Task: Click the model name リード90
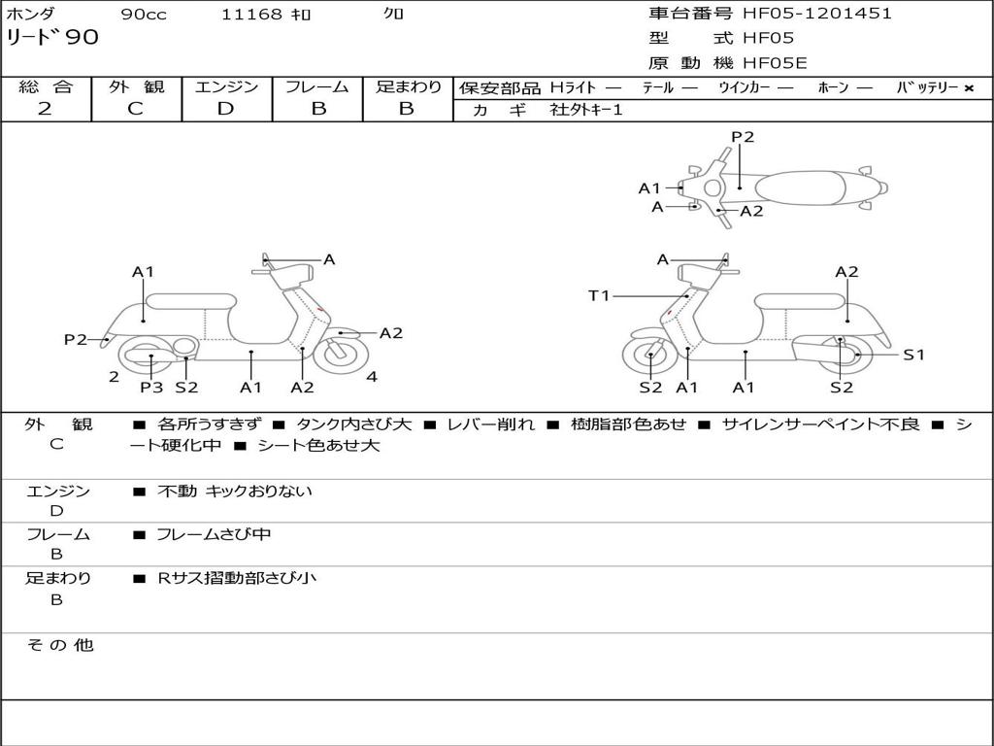click(52, 38)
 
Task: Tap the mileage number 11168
click(251, 14)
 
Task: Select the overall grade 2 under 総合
click(45, 109)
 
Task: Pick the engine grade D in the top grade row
click(225, 109)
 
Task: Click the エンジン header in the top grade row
click(226, 86)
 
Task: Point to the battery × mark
click(969, 88)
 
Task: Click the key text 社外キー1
click(586, 110)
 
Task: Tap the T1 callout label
click(598, 295)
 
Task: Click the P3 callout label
click(151, 387)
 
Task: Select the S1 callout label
click(913, 355)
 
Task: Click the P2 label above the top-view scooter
click(743, 136)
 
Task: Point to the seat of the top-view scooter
click(800, 187)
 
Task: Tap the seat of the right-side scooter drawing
click(800, 302)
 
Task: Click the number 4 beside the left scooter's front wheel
click(372, 377)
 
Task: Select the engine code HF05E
click(775, 63)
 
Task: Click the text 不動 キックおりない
click(235, 491)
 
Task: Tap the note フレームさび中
click(214, 535)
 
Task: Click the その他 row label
click(60, 645)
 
